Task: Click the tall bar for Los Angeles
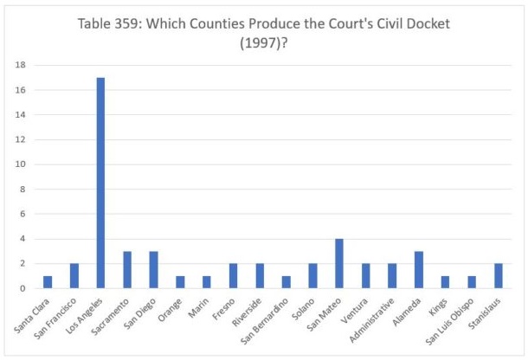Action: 100,183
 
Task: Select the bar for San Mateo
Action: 339,263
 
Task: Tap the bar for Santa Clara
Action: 48,282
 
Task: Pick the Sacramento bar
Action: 127,269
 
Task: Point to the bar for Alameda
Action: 419,269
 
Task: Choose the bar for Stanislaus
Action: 499,276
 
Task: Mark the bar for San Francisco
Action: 74,276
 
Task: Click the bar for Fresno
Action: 234,276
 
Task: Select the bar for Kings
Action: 446,282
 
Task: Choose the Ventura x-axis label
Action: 357,308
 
